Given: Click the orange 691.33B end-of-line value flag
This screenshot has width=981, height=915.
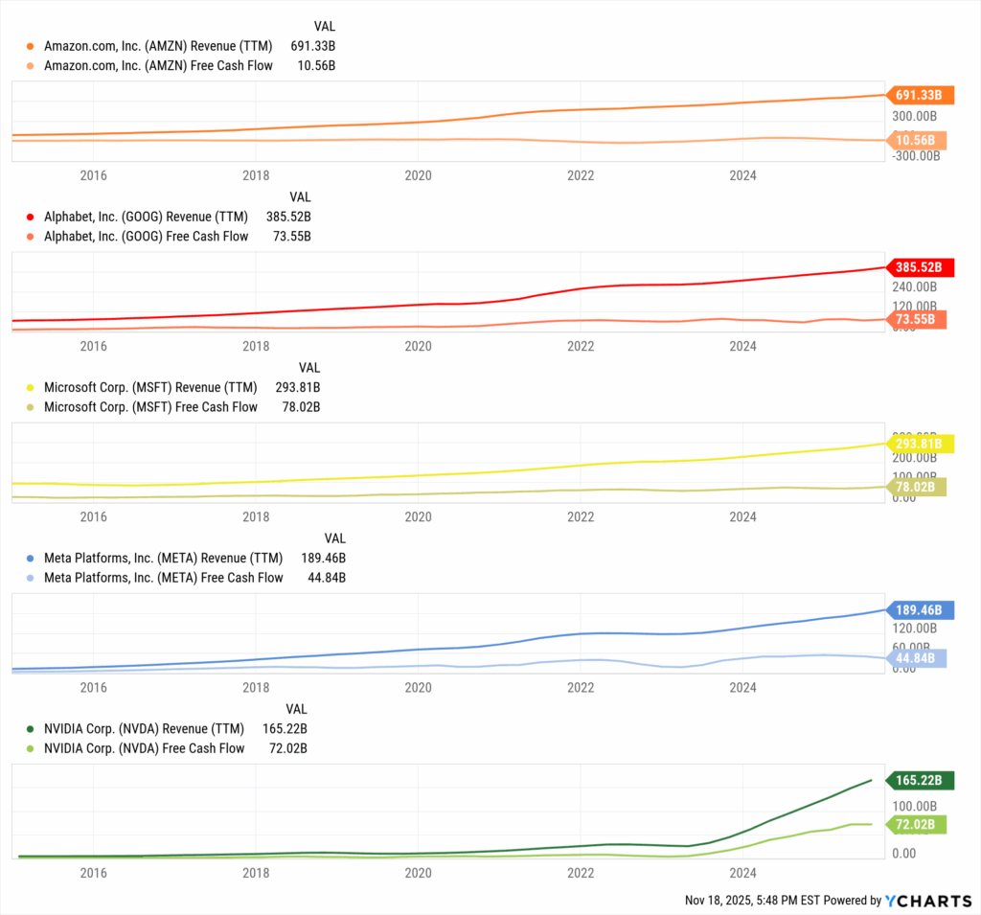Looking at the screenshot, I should [x=918, y=95].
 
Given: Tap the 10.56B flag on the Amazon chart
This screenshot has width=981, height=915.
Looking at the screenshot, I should [x=918, y=141].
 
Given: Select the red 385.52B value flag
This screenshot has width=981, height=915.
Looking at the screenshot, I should [x=918, y=267].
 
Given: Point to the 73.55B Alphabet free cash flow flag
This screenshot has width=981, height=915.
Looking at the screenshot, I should [x=918, y=319].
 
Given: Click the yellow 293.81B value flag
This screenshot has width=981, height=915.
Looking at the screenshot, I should [x=918, y=444].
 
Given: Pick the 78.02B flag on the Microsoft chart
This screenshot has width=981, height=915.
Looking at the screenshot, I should [x=918, y=487].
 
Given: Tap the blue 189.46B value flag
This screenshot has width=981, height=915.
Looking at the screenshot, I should [x=918, y=609].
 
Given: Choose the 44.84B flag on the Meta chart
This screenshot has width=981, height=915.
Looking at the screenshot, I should [x=918, y=657].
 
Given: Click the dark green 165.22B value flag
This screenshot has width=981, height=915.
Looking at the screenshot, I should [x=918, y=781].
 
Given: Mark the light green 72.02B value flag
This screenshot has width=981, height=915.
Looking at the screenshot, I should [x=918, y=824].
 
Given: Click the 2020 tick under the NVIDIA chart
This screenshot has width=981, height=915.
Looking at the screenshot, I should [x=418, y=873].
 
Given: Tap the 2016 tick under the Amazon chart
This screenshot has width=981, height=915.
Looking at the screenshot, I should [x=93, y=175].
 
